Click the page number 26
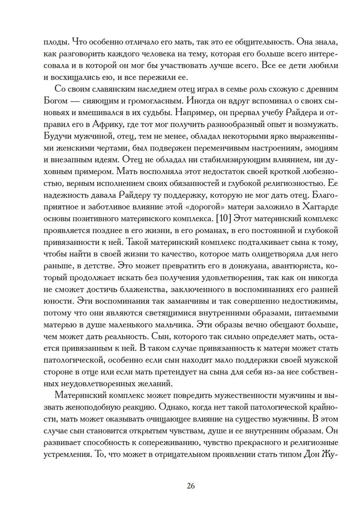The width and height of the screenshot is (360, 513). pyautogui.click(x=191, y=486)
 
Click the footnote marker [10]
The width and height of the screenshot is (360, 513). pyautogui.click(x=222, y=219)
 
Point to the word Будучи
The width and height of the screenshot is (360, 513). pyautogui.click(x=57, y=136)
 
